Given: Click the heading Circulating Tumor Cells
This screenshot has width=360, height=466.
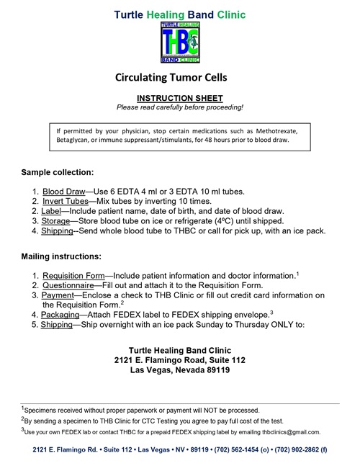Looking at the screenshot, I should [179, 78].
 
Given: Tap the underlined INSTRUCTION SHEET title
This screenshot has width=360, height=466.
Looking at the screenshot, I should [180, 97].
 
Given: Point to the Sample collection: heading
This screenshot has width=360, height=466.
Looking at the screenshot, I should [58, 174].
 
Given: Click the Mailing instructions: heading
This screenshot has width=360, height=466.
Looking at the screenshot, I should [61, 256].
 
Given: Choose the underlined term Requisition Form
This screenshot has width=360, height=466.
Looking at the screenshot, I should [74, 276].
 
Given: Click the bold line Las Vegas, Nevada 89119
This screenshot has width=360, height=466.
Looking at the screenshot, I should [180, 370].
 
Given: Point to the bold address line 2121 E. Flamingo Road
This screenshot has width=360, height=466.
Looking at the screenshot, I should [180, 360].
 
